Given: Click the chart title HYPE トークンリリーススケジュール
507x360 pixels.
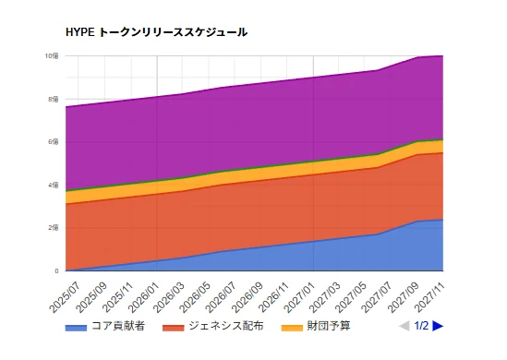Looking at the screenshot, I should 156,32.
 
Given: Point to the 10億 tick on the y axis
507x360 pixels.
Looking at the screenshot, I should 54,56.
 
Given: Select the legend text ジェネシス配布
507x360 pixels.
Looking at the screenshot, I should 223,326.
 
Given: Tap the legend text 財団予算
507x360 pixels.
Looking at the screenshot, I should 328,326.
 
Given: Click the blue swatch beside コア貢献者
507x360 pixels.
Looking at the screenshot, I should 76,327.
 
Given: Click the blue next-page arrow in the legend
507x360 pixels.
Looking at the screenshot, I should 438,326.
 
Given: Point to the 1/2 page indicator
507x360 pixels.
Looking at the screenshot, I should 421,326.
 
